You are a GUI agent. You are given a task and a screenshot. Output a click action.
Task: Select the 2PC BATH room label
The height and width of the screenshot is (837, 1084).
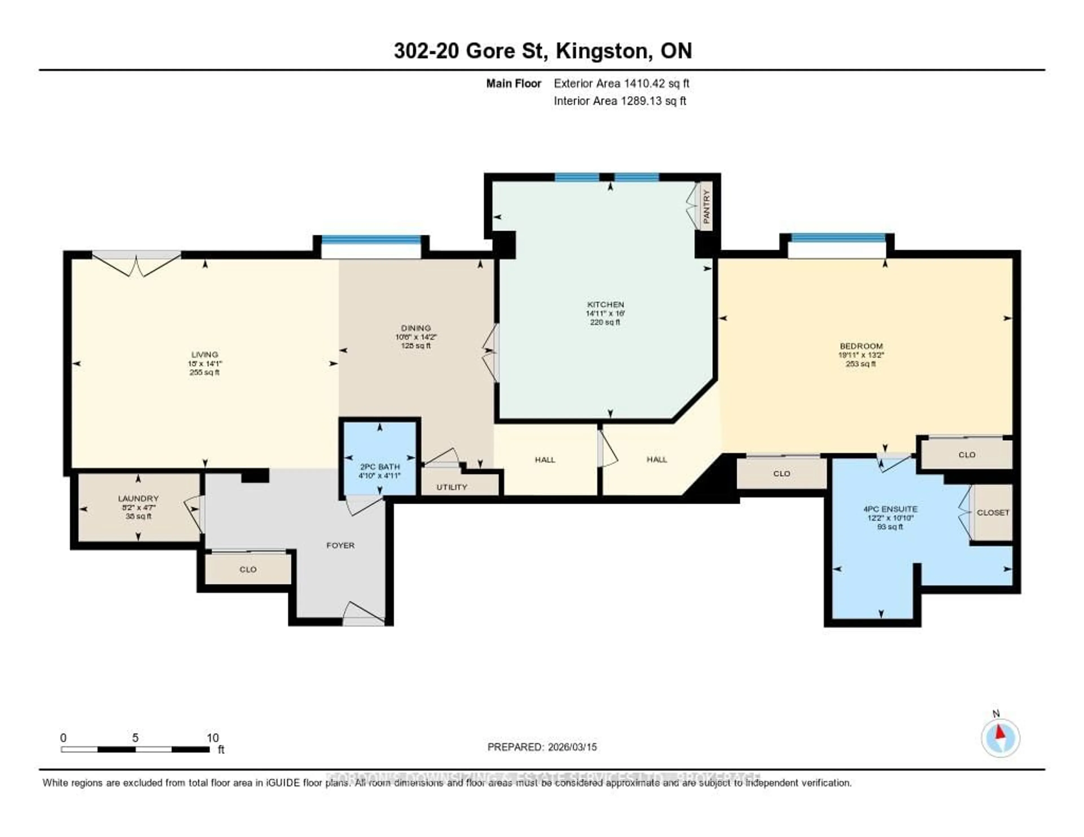(380, 466)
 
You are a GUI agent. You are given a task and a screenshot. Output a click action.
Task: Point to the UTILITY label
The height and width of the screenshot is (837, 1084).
(452, 487)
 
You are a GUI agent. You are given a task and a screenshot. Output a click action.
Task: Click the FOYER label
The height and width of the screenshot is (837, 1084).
(340, 545)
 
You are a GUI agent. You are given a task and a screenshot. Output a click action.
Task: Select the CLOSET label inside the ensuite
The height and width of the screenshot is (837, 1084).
(993, 512)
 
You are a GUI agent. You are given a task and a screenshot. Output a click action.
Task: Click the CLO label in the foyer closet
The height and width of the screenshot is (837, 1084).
(248, 569)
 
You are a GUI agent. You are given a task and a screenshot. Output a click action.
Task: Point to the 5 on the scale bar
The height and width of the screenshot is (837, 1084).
(135, 738)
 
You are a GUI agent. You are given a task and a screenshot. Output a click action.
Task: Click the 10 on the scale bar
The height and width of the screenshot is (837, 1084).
(213, 738)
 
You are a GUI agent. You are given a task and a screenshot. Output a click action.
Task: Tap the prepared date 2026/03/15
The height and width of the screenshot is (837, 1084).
(572, 747)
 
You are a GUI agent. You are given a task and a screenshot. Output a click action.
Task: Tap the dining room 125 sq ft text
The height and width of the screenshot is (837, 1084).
(416, 345)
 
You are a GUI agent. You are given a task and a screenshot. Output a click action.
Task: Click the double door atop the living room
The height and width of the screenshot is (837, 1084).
(137, 263)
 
